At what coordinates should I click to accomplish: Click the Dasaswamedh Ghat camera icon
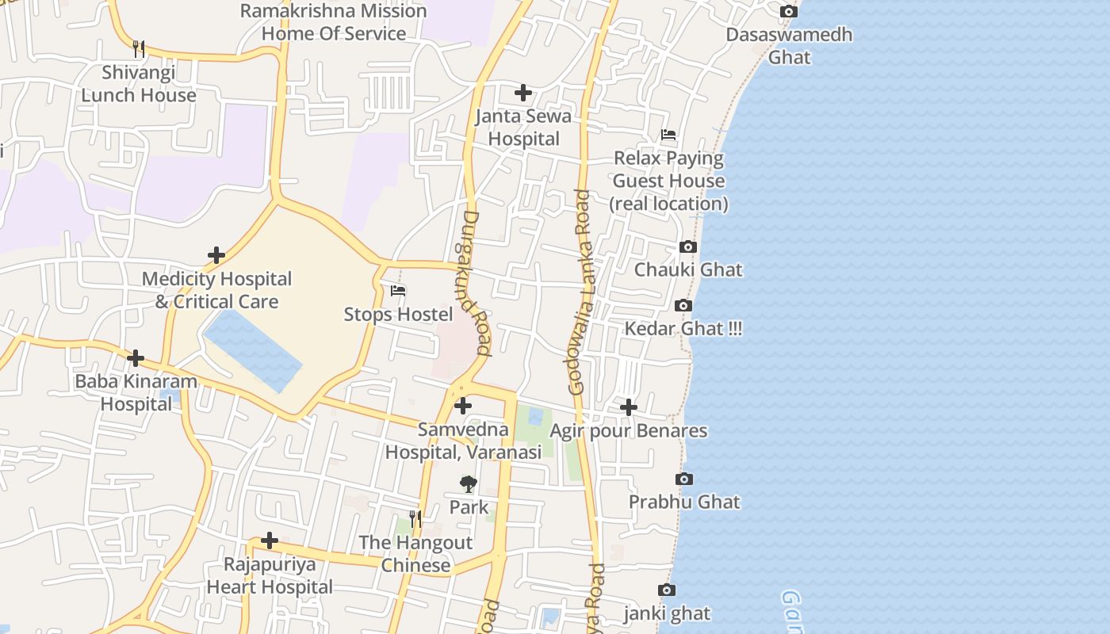788,11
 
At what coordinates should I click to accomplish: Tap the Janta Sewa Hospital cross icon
523,93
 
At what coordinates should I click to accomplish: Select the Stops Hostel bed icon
398,291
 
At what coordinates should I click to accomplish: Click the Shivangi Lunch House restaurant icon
139,49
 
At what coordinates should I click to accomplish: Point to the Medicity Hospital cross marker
216,255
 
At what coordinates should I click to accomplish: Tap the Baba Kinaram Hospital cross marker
136,358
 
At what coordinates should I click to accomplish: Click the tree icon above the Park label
469,483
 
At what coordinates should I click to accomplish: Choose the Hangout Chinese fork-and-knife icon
415,519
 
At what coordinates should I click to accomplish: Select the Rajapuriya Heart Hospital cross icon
270,540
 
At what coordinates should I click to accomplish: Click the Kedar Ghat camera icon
683,305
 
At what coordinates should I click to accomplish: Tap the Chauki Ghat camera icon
688,246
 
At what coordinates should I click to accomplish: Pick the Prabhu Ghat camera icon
683,479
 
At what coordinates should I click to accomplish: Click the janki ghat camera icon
667,590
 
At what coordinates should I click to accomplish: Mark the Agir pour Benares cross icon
629,407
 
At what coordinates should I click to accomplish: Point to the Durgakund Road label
473,281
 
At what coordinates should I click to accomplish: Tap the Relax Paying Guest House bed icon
668,135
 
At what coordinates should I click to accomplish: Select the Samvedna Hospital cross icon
463,407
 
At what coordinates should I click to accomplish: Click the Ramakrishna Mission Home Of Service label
333,22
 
